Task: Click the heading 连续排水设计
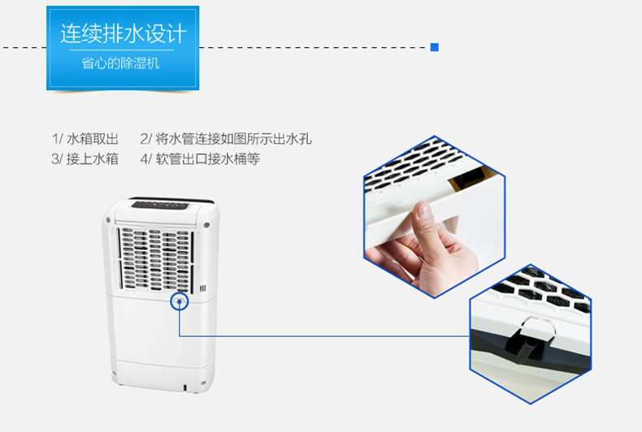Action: [x=124, y=33]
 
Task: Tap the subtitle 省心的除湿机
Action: [x=120, y=63]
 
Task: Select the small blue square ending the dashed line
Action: [x=435, y=47]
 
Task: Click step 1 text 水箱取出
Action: [x=93, y=139]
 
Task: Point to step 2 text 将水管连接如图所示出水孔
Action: [x=233, y=139]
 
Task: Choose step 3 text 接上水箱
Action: [x=93, y=158]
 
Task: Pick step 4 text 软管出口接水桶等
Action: [x=207, y=158]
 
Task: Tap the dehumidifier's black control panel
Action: [x=160, y=205]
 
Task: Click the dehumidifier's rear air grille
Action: [x=156, y=259]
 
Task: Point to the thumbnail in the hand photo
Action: [x=423, y=210]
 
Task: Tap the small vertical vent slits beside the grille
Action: [x=202, y=289]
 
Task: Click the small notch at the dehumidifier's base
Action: [x=184, y=387]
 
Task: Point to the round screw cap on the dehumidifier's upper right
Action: [x=206, y=225]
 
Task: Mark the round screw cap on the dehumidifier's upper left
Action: [x=108, y=221]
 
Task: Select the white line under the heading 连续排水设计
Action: [x=122, y=50]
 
